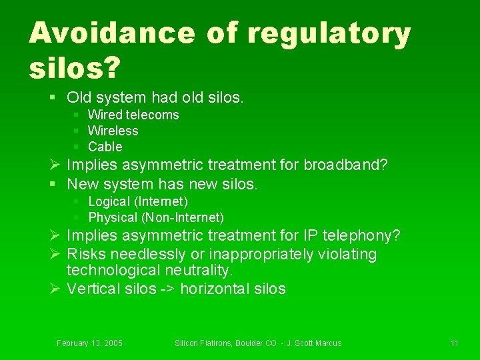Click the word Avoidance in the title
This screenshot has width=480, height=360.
pos(113,33)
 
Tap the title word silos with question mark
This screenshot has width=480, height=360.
pos(73,66)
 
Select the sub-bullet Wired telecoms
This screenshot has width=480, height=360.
pos(133,115)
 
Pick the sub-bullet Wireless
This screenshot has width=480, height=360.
pos(113,131)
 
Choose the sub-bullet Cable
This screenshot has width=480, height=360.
pos(105,147)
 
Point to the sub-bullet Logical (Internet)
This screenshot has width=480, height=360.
pos(138,201)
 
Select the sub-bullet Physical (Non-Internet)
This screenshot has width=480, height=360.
pos(156,217)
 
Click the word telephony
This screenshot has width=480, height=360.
pos(364,236)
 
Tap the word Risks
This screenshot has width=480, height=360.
pos(87,255)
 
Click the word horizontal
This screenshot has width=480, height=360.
pos(214,289)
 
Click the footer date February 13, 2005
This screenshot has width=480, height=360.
pos(89,343)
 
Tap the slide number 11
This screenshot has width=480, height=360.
pos(454,343)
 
